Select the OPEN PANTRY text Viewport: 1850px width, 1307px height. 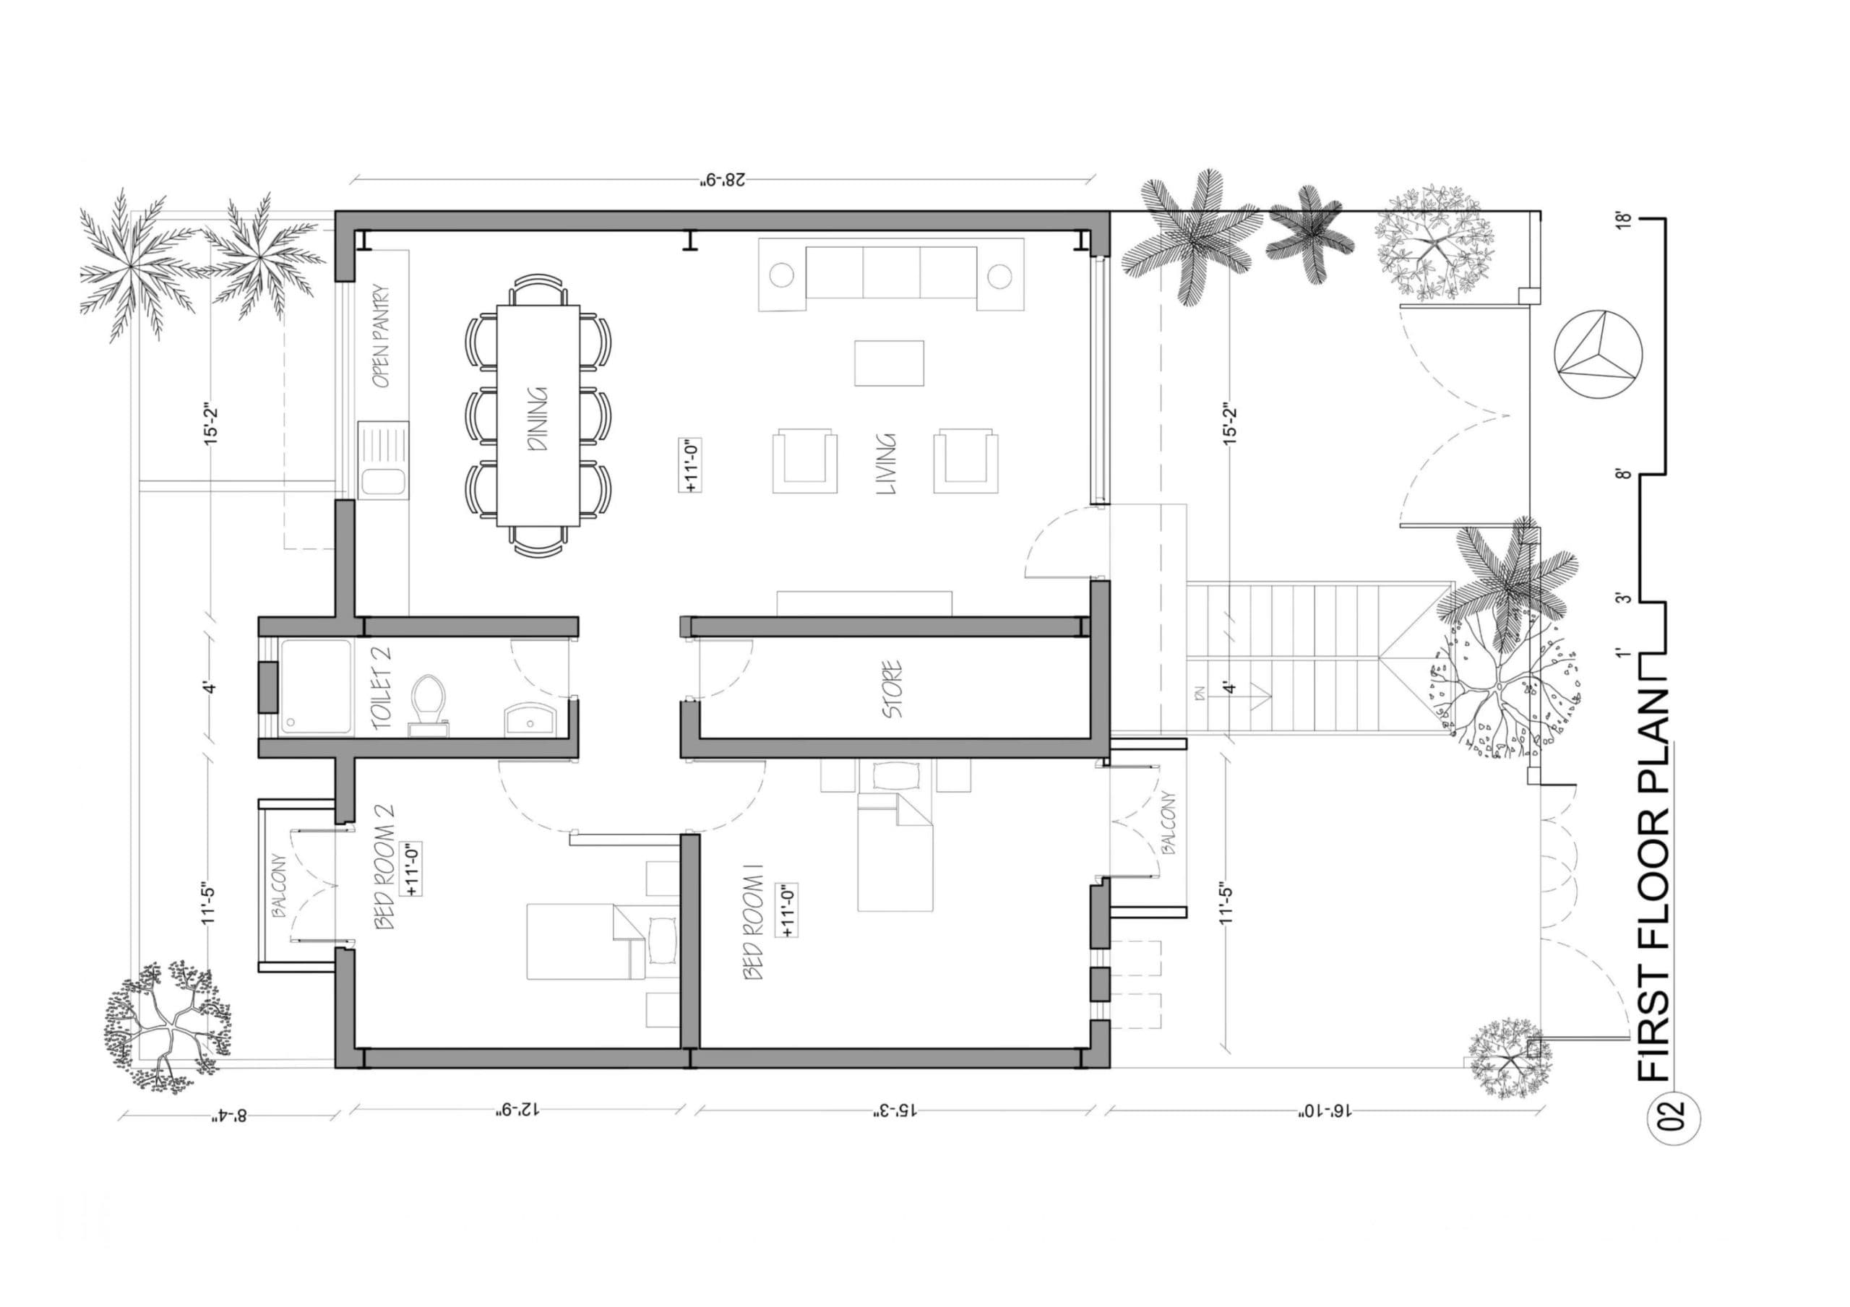coord(382,335)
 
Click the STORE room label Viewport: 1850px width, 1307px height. coord(892,690)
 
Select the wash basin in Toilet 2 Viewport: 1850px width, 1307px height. coord(530,720)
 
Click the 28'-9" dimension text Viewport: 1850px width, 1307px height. coord(722,179)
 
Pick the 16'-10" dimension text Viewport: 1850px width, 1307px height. coord(1323,1112)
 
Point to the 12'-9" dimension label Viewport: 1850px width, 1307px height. coord(516,1112)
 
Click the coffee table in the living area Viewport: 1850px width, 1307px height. coord(889,363)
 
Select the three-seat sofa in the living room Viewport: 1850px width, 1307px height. coord(891,272)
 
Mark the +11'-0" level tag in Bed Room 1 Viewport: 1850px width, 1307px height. coord(786,910)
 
